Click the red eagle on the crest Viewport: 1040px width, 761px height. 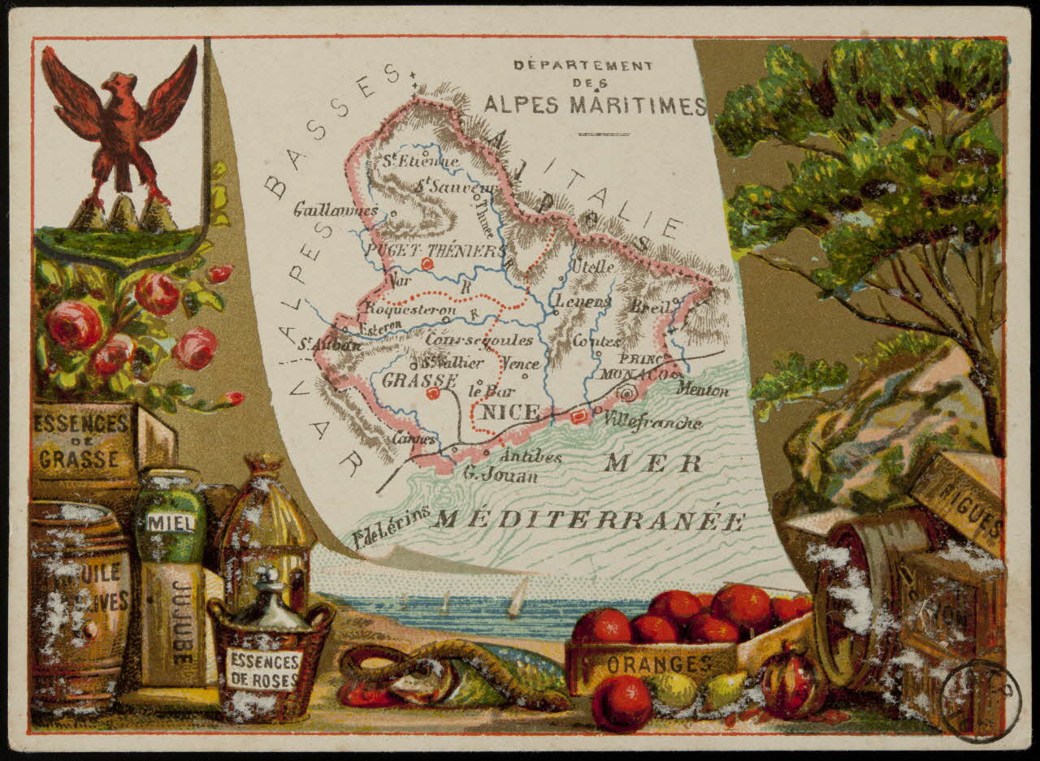(119, 130)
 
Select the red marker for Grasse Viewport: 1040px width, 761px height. (432, 393)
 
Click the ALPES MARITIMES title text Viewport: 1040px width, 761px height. (595, 106)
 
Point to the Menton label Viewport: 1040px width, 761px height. (703, 391)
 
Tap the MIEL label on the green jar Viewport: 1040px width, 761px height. (170, 523)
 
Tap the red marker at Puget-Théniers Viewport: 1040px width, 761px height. (428, 264)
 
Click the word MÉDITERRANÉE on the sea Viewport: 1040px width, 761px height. (587, 521)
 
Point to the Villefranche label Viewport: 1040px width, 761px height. (653, 422)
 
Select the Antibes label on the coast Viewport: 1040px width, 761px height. (531, 457)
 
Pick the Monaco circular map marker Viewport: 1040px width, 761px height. (626, 394)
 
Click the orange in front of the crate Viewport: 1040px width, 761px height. (622, 703)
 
